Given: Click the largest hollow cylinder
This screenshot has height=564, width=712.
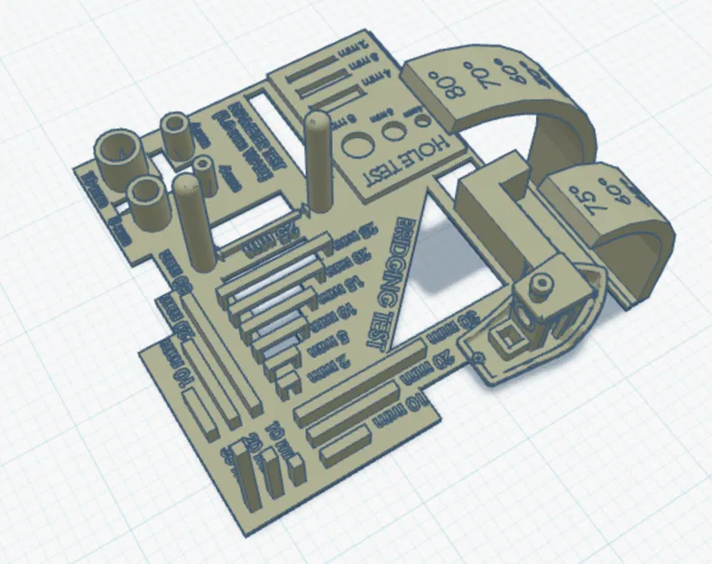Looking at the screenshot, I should tap(119, 153).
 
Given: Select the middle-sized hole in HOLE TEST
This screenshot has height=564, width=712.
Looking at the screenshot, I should tap(393, 130).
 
